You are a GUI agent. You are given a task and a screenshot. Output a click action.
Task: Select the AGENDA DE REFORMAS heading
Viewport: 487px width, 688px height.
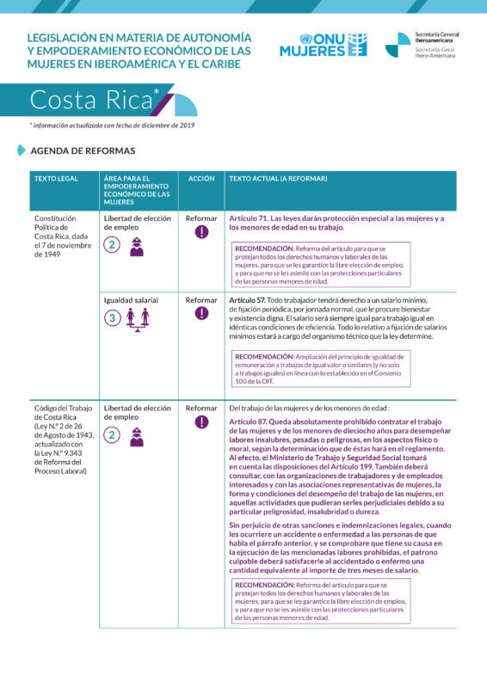pos(83,150)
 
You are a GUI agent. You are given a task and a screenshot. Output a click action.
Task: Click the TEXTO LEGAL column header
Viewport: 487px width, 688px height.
pos(56,179)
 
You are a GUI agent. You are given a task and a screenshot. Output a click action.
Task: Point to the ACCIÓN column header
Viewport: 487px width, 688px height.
pos(200,179)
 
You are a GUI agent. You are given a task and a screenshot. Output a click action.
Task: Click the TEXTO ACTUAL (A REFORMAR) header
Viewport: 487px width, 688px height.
pos(278,179)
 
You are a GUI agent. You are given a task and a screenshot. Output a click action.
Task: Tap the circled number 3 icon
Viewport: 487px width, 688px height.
pos(112,318)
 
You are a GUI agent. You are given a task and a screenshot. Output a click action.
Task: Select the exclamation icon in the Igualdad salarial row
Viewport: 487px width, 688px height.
pos(201,313)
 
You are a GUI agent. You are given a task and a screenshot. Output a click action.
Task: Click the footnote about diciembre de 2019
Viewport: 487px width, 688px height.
pos(112,126)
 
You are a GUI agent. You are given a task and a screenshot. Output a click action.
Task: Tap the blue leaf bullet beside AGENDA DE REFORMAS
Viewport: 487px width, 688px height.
pos(22,150)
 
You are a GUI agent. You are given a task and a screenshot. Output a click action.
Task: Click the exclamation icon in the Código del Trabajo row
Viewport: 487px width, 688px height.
pos(201,421)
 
